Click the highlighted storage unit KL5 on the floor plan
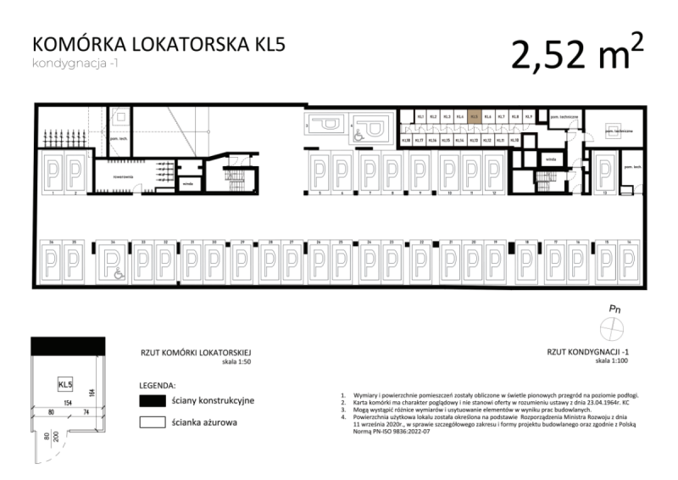pos(475,118)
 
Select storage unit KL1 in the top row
pos(420,118)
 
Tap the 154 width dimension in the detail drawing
pos(64,404)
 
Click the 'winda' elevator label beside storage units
pos(551,158)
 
